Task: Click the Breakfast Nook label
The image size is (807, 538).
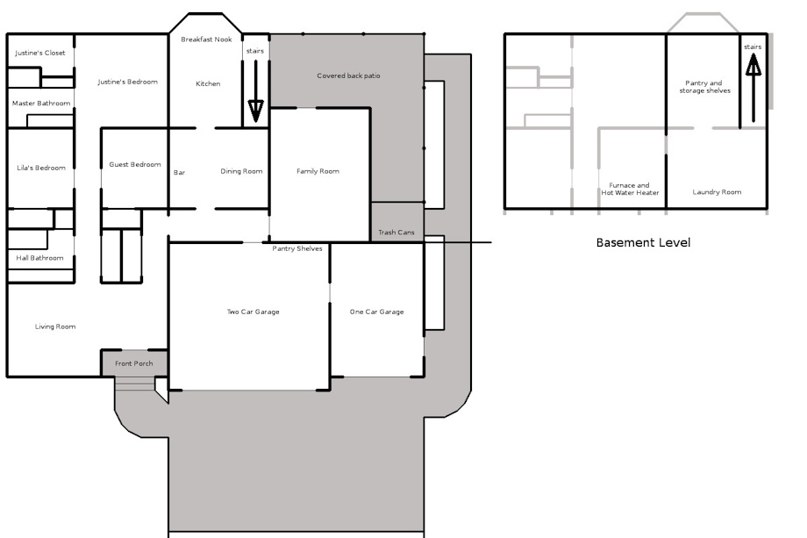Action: [x=206, y=39]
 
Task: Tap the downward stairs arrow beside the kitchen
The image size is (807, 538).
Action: [x=256, y=91]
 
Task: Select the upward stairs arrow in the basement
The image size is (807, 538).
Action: [x=753, y=89]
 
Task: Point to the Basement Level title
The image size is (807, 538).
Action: [x=643, y=242]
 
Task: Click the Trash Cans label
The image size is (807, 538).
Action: [x=396, y=233]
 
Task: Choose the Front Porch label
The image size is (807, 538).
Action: [x=134, y=363]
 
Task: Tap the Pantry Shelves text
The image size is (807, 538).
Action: [x=297, y=248]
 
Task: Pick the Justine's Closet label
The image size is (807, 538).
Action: [x=40, y=53]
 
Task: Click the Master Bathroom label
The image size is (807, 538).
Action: [x=41, y=103]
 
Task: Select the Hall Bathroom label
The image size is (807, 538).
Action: [x=39, y=258]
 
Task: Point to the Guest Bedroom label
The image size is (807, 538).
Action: [x=135, y=165]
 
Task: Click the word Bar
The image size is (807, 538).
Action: [x=179, y=173]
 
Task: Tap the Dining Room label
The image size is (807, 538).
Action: [x=241, y=171]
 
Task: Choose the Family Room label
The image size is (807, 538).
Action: [x=318, y=171]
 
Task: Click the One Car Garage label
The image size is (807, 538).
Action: [x=376, y=312]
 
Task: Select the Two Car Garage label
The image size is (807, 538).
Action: [x=254, y=312]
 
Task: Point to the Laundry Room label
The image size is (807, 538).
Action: [x=717, y=192]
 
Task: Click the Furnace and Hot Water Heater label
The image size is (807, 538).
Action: [x=630, y=189]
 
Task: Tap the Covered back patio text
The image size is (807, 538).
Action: [x=348, y=75]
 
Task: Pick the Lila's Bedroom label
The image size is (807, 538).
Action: [x=41, y=168]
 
